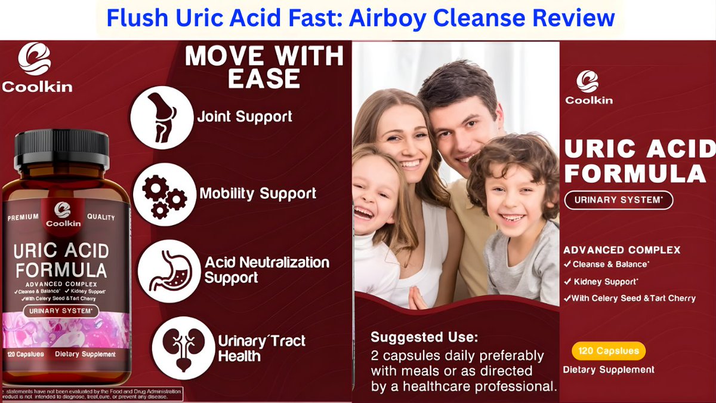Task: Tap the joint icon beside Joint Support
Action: [161, 117]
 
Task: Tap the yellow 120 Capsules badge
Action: [608, 351]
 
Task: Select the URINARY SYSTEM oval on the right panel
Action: [618, 200]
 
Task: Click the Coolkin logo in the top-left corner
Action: [36, 67]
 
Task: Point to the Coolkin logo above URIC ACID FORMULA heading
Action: [588, 87]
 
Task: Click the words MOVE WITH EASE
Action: [264, 67]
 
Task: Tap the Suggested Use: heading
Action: [424, 337]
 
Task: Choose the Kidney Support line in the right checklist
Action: [606, 281]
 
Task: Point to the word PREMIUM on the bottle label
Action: [23, 218]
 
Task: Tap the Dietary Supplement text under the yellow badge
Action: [609, 370]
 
